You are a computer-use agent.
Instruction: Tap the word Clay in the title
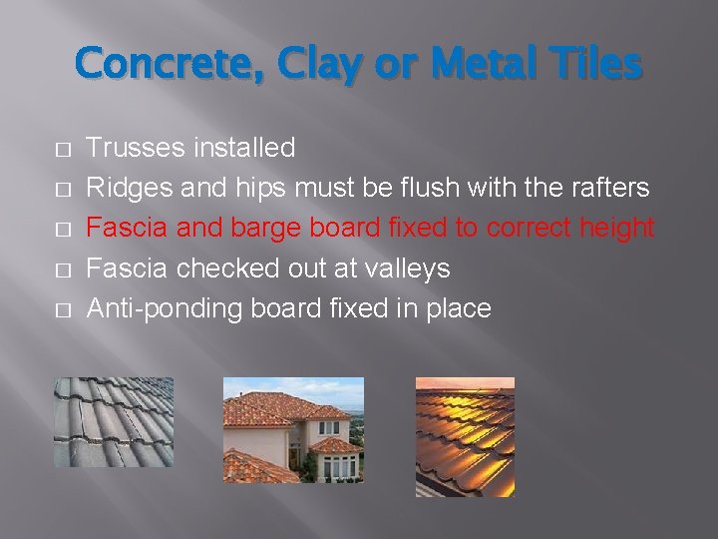(x=310, y=65)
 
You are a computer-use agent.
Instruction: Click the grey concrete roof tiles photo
(x=113, y=422)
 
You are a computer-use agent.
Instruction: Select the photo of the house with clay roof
(x=293, y=430)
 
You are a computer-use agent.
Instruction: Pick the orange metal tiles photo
(x=465, y=436)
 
